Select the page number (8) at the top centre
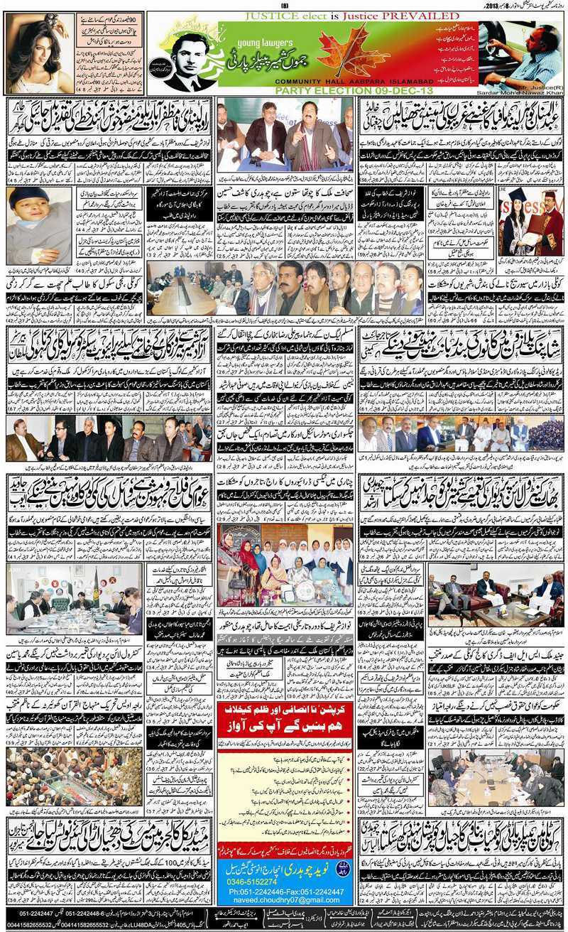point(285,6)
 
